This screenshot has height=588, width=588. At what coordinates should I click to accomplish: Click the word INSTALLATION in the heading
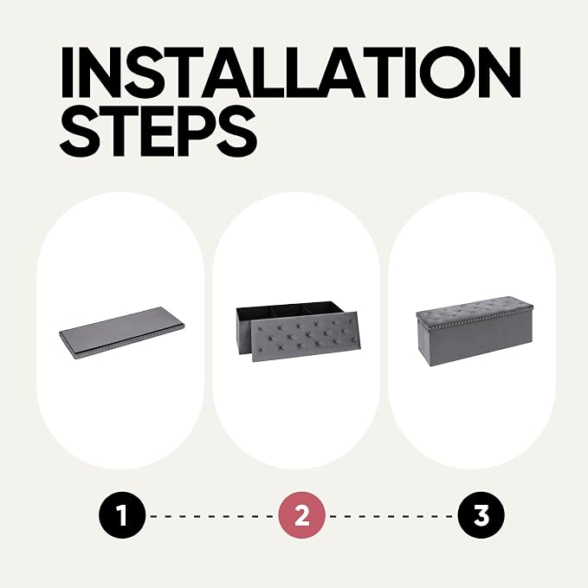click(291, 72)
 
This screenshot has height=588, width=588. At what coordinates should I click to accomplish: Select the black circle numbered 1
click(122, 515)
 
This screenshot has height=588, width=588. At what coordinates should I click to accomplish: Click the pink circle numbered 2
click(301, 515)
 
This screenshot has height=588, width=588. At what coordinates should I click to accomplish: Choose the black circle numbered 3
click(481, 515)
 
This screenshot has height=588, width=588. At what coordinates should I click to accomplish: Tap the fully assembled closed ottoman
click(474, 331)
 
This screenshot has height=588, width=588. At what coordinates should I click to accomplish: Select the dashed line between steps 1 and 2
click(212, 516)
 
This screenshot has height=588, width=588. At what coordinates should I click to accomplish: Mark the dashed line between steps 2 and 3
click(391, 516)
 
